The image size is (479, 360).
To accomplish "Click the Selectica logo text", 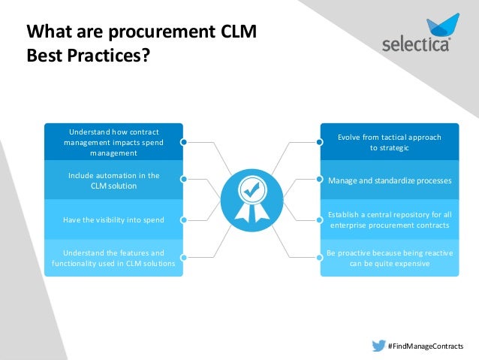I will [417, 43].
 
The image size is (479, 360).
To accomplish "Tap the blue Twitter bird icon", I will [379, 346].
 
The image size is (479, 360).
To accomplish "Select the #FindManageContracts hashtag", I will [425, 346].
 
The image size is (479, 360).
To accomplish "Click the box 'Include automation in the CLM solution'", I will [113, 180].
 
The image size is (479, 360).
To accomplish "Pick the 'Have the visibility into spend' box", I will [113, 219].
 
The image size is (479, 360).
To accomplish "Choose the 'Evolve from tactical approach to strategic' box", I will [389, 142].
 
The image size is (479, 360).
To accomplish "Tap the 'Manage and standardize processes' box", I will [389, 180].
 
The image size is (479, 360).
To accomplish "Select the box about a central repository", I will [389, 219].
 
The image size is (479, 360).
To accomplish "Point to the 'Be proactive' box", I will [389, 258].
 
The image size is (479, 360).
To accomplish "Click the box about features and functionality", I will [113, 258].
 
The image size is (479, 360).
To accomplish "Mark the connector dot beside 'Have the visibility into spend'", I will [183, 219].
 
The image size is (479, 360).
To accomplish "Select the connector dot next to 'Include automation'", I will [183, 180].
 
